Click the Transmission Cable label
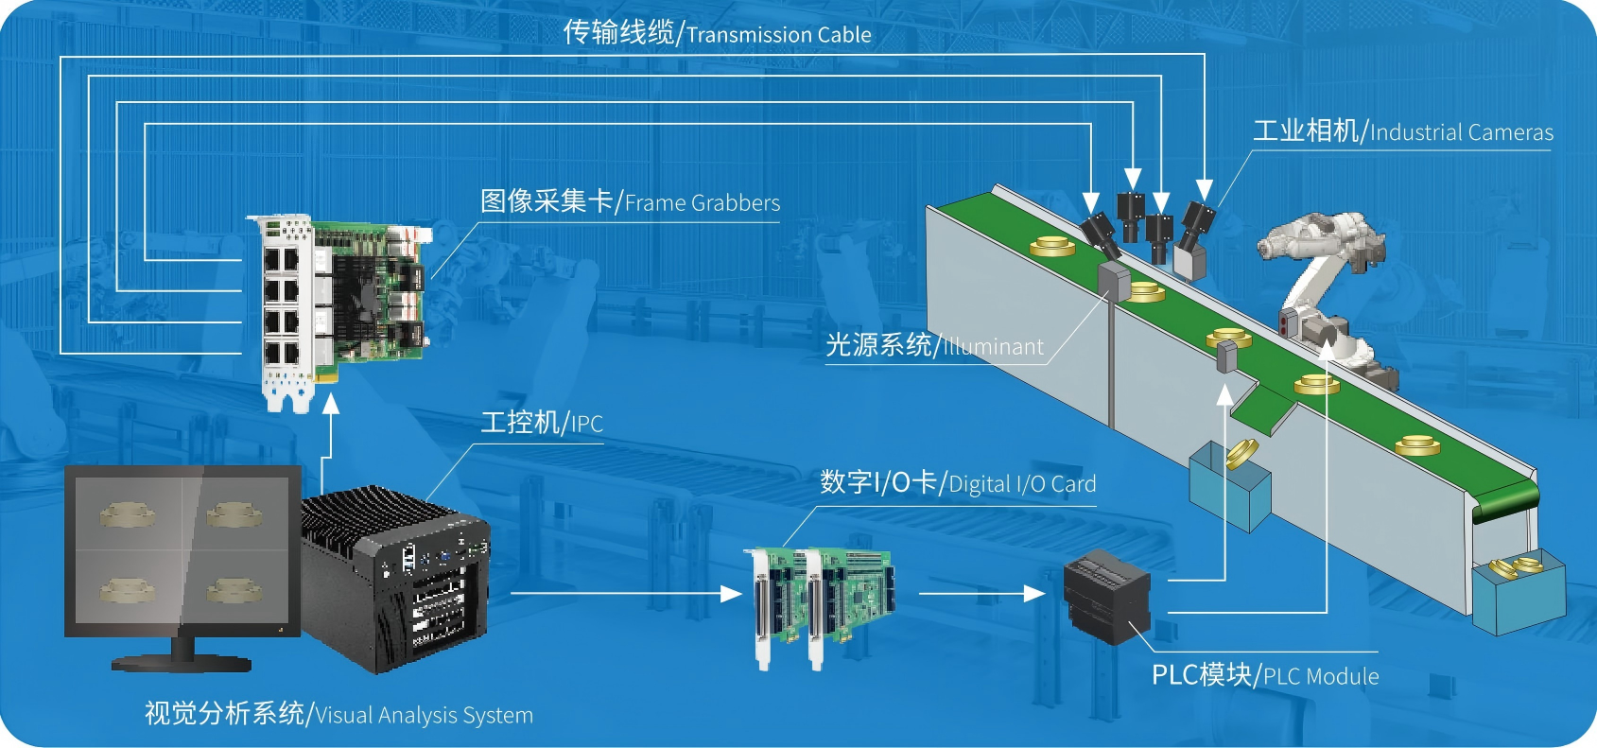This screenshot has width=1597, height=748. click(x=717, y=34)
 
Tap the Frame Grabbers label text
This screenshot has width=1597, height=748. click(x=630, y=202)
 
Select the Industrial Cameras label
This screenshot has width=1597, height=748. click(x=1402, y=131)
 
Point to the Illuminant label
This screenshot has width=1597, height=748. click(x=934, y=346)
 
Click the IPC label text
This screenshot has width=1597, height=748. click(x=542, y=423)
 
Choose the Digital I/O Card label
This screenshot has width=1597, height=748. click(x=957, y=483)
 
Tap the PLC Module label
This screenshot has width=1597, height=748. click(x=1264, y=675)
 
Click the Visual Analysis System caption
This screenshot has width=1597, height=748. click(x=338, y=714)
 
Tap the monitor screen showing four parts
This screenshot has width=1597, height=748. click(x=182, y=551)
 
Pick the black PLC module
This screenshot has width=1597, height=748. click(x=1106, y=596)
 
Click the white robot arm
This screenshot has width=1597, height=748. click(x=1324, y=274)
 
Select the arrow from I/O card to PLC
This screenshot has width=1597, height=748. click(x=981, y=594)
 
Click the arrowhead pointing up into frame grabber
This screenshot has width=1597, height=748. click(x=330, y=404)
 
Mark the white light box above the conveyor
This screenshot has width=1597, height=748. click(x=1189, y=260)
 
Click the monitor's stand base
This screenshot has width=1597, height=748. click(x=182, y=662)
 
